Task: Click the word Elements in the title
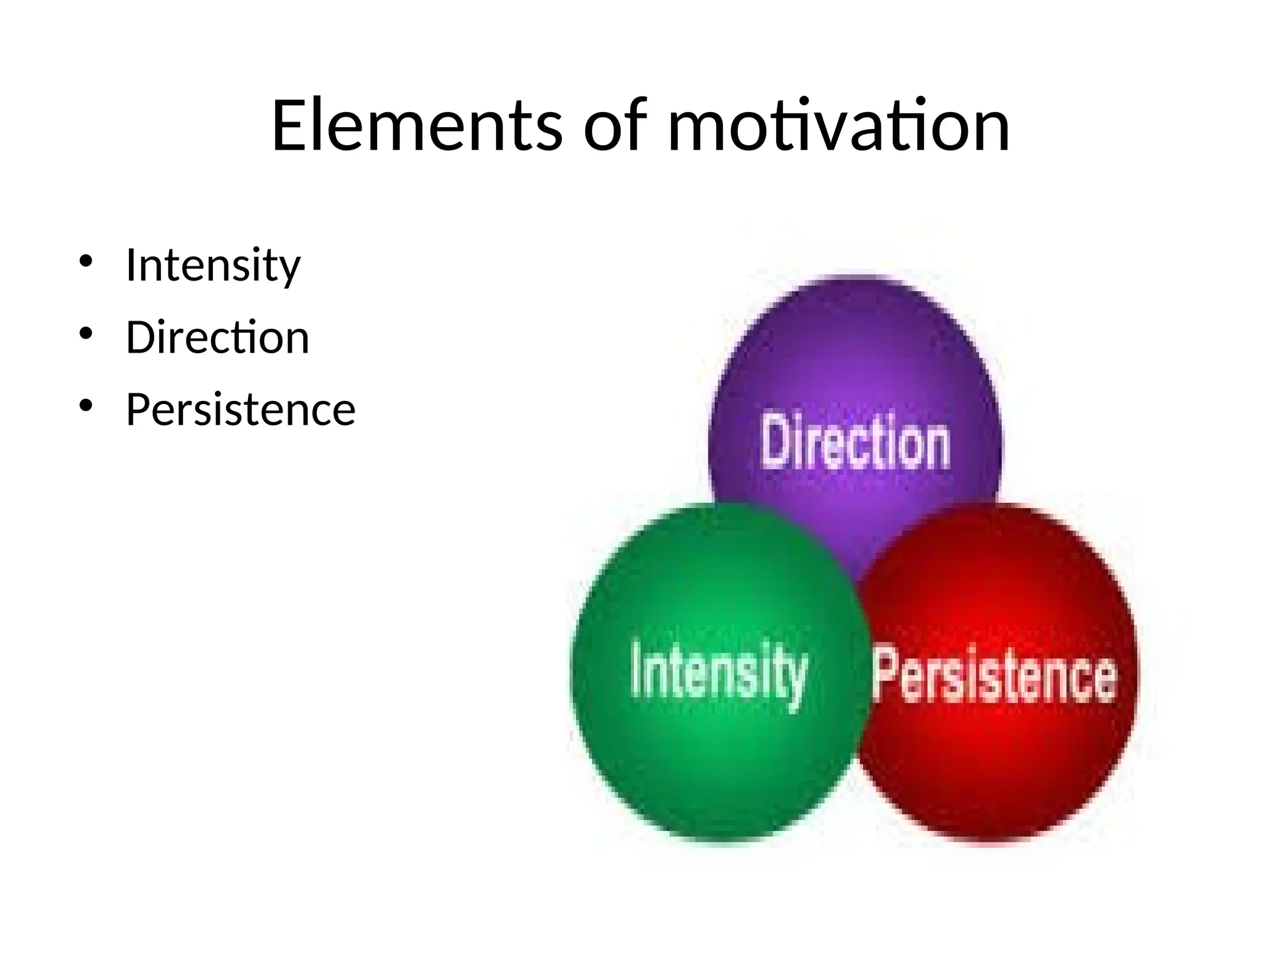coord(417,127)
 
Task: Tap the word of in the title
coord(615,127)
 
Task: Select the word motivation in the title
coord(839,127)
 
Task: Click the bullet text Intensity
coord(213,266)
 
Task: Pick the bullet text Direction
coord(217,338)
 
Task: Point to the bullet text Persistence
coord(241,410)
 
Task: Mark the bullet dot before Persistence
coord(86,405)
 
